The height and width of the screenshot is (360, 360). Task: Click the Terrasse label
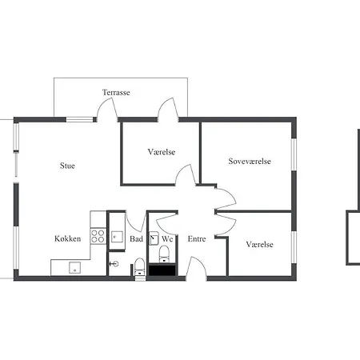pos(116,93)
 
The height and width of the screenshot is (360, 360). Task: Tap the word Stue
pos(67,166)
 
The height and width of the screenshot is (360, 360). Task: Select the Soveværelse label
pos(250,161)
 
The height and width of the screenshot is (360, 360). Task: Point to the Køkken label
pos(68,238)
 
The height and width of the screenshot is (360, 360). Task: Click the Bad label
pos(136,238)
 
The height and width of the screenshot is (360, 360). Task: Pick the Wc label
pos(167,238)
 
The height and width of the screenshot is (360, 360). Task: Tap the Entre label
pos(197,238)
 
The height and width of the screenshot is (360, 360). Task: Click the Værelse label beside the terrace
pos(162,152)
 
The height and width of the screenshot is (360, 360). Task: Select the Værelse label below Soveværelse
pos(260,245)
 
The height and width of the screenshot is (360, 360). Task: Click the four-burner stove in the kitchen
pos(98,236)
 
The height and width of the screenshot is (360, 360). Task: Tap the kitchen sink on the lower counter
pos(75,267)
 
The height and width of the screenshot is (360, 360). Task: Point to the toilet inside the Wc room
pos(164,254)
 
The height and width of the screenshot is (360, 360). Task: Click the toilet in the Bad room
pos(140,266)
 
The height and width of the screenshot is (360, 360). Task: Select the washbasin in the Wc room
pos(154,238)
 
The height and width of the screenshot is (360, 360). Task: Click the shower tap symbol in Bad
pos(114,264)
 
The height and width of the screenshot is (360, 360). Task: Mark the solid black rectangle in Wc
pos(162,270)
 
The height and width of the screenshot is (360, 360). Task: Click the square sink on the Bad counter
pos(117,237)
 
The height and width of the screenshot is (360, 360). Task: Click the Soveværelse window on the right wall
pos(294,154)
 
